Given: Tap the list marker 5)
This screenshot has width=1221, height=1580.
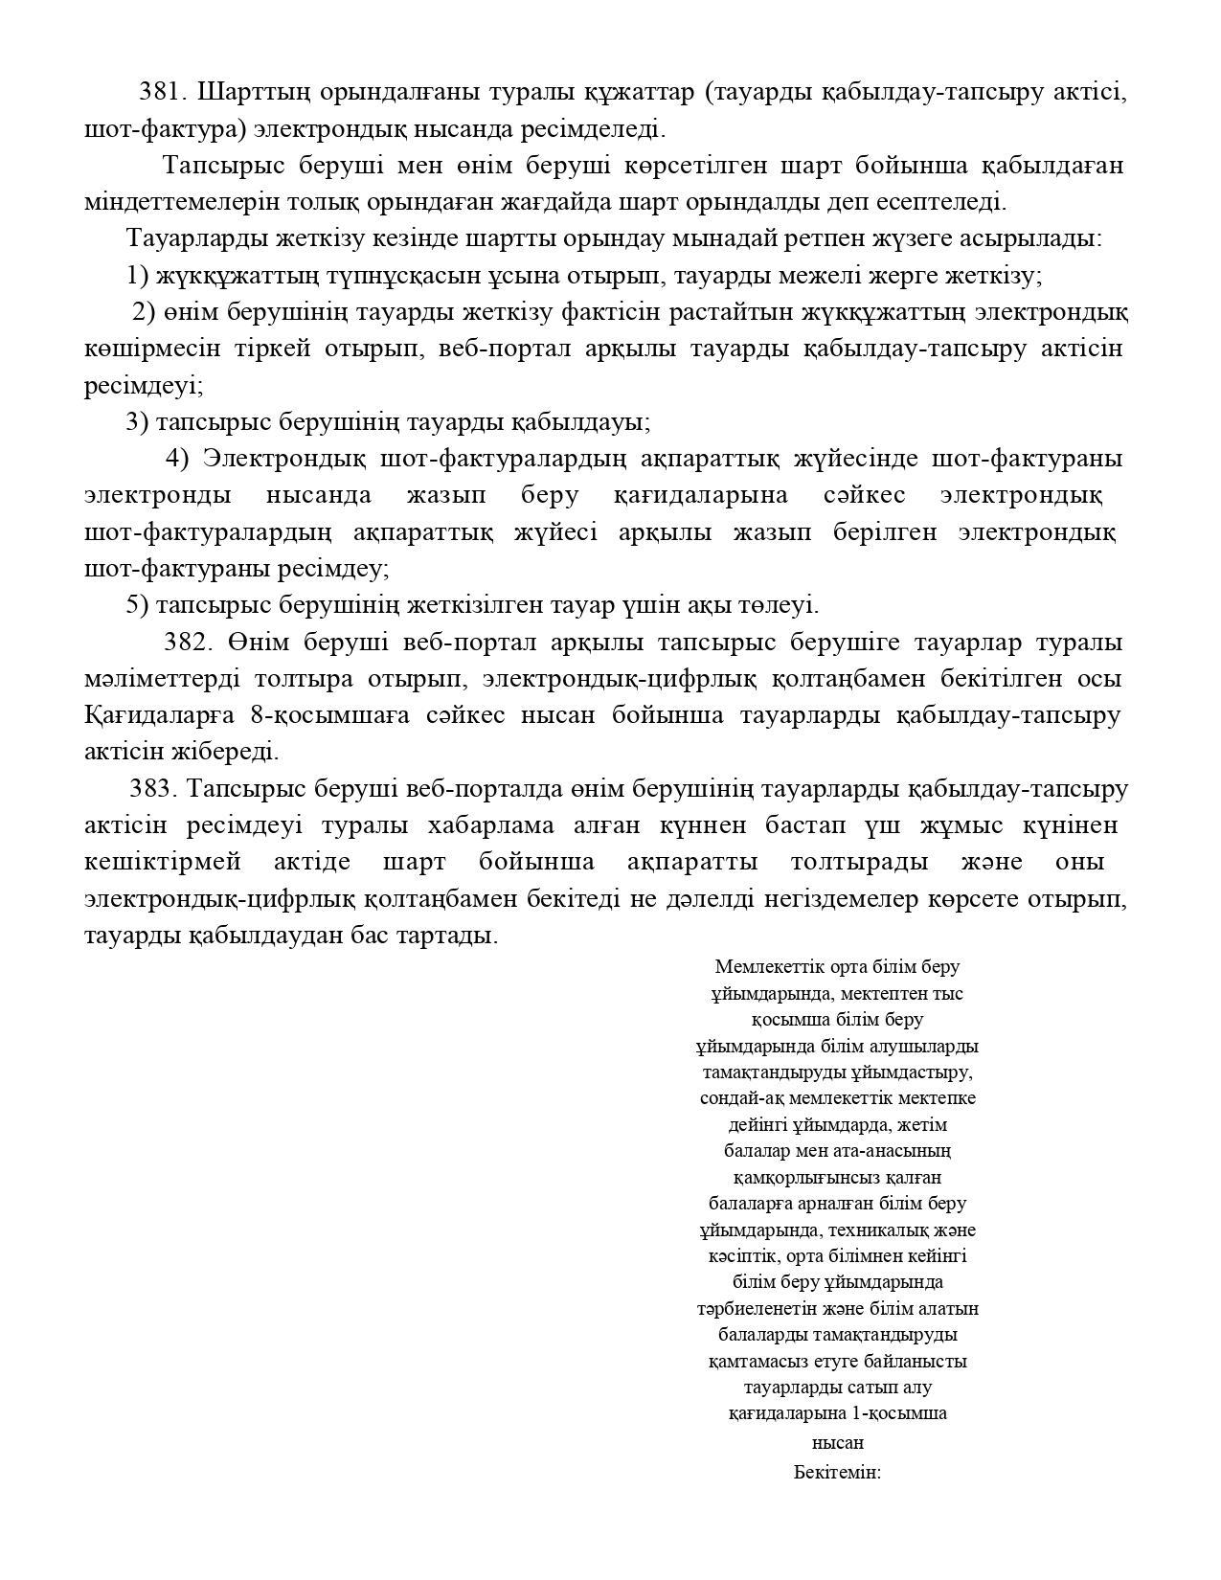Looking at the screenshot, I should (138, 605).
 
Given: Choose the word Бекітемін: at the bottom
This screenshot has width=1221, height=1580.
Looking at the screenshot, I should (837, 1473).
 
